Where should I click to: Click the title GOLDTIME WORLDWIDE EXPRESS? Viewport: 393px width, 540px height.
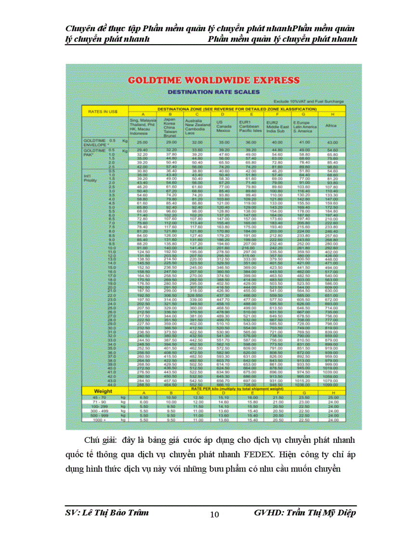click(213, 80)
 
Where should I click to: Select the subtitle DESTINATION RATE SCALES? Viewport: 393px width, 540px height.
click(213, 92)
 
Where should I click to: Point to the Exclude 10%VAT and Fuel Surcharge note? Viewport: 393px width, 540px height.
click(308, 101)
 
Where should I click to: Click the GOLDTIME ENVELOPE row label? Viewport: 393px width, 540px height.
click(96, 142)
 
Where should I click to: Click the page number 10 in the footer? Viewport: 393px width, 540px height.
click(215, 515)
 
